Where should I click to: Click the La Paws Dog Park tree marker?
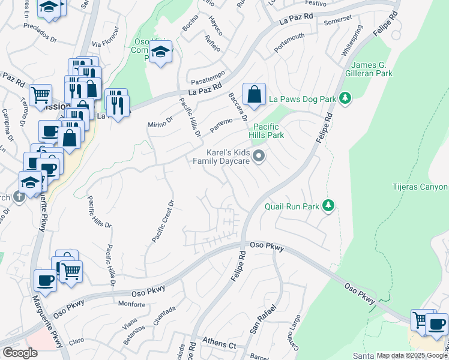click(x=345, y=98)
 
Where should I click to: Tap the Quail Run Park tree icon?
click(x=328, y=206)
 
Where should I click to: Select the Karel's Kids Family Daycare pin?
click(x=259, y=157)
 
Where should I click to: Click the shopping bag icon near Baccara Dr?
click(x=254, y=94)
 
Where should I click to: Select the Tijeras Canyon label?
click(x=420, y=187)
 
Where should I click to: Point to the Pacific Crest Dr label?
click(x=161, y=221)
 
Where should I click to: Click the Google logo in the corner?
click(x=20, y=353)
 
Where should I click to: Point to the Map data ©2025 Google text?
click(x=412, y=355)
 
